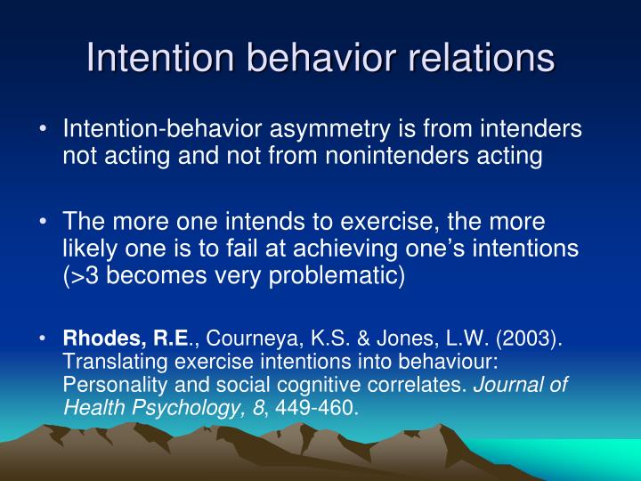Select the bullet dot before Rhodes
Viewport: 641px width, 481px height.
tap(44, 339)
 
